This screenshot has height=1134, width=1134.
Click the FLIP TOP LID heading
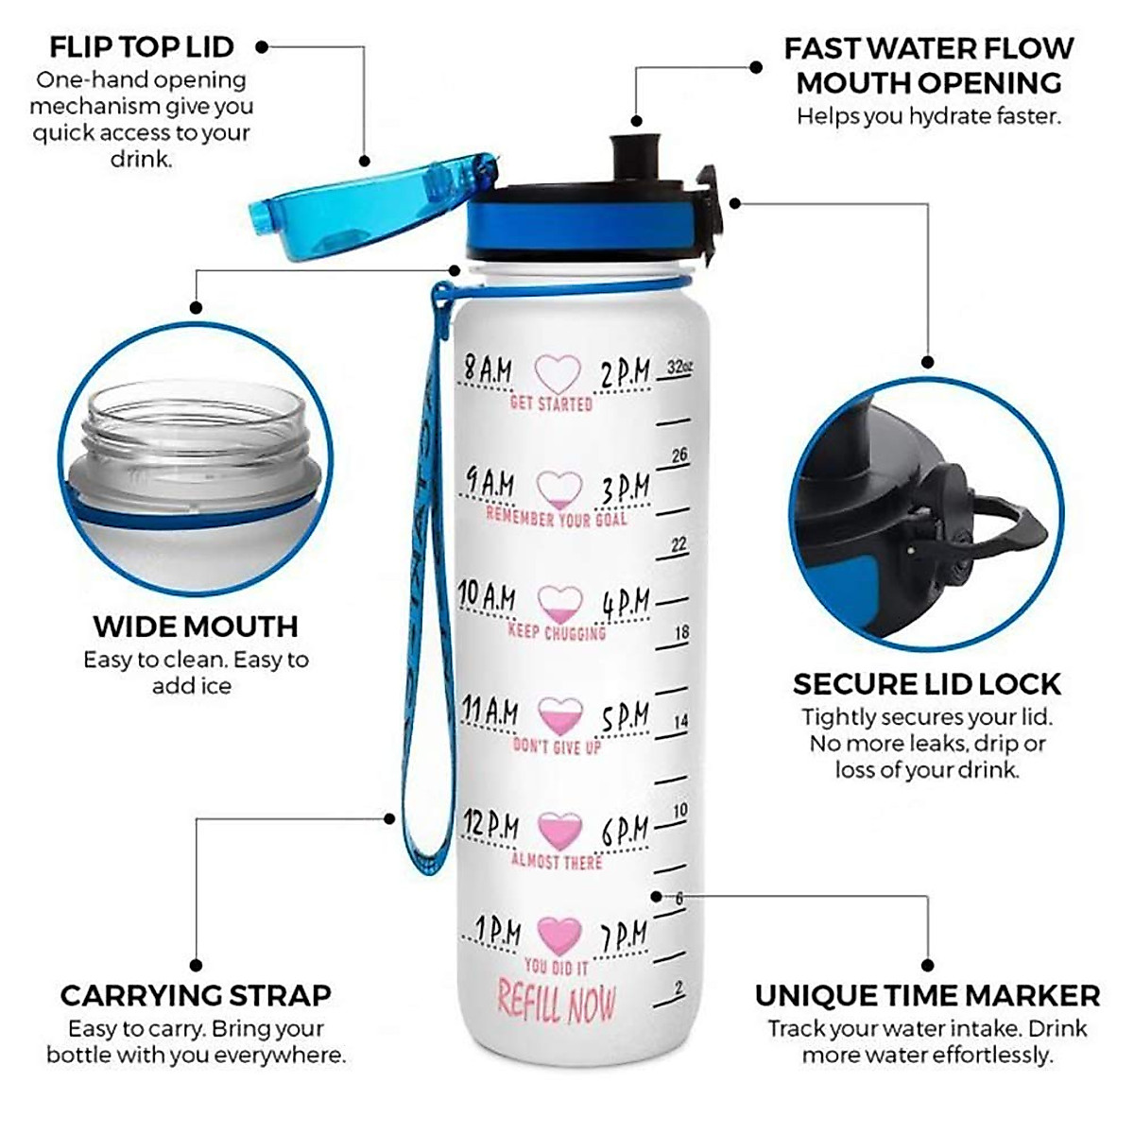click(141, 46)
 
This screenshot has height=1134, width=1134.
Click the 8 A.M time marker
click(488, 369)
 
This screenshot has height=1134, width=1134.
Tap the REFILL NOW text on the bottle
click(557, 1003)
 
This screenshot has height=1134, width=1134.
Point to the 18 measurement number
click(681, 632)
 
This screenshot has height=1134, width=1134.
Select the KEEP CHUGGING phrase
click(557, 630)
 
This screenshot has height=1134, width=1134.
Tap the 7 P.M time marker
click(625, 936)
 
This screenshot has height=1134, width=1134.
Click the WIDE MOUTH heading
click(196, 627)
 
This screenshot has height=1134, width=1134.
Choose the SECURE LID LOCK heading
click(926, 684)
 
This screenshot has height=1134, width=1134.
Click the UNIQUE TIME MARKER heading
click(927, 995)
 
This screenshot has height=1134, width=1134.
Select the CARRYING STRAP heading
click(196, 995)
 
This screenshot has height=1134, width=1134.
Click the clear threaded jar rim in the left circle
click(194, 425)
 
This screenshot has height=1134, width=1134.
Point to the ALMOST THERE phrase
click(557, 861)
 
